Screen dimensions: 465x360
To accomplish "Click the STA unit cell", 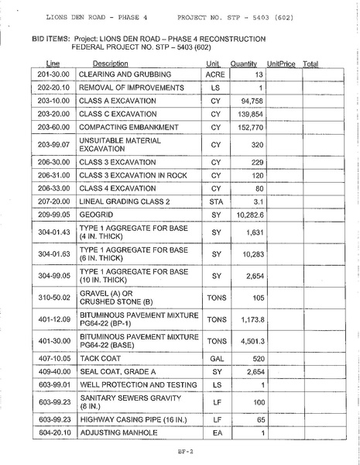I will [216, 201].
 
